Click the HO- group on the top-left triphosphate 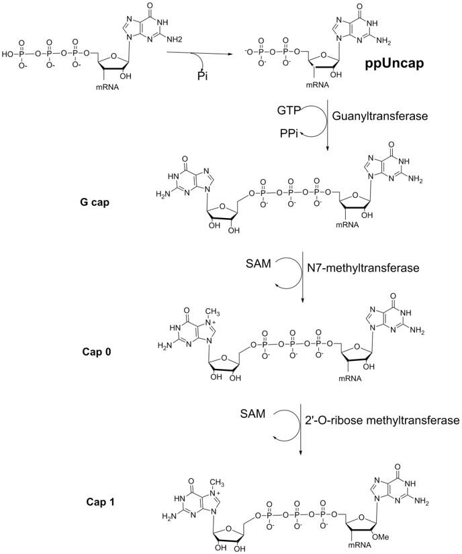[9, 52]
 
